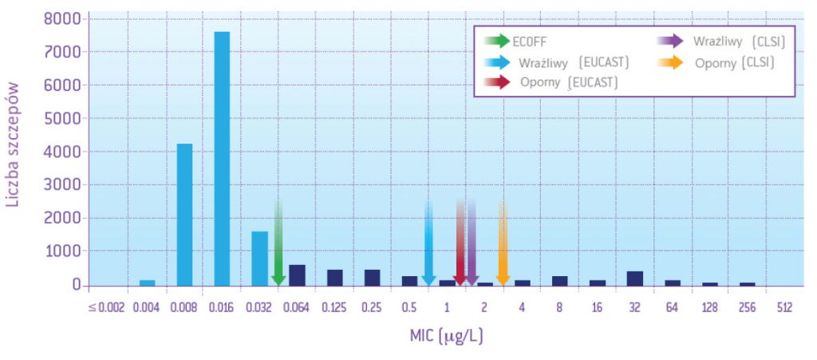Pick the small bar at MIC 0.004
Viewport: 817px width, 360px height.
click(147, 283)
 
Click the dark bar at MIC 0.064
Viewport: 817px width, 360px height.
click(297, 275)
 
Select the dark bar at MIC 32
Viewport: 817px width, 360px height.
click(634, 278)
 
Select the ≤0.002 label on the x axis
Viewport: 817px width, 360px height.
click(106, 307)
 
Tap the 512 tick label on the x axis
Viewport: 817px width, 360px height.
click(783, 307)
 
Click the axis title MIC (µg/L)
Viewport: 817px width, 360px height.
click(446, 335)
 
